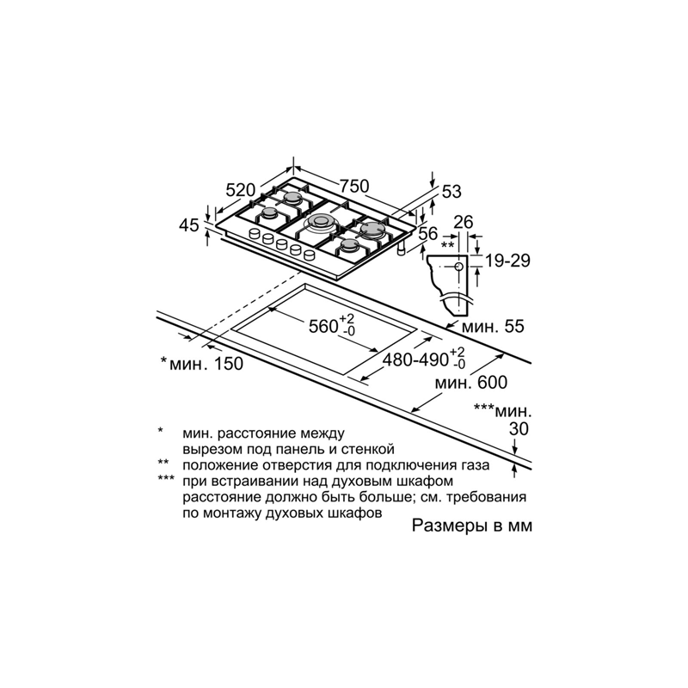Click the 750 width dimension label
tap(354, 186)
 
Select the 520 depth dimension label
tap(241, 190)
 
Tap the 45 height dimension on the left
tap(189, 225)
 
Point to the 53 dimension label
tap(451, 192)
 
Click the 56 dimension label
tap(427, 233)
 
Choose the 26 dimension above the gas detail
tap(464, 223)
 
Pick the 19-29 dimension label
tap(507, 261)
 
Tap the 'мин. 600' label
tap(470, 383)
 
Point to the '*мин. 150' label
tap(201, 363)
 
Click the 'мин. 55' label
tap(493, 326)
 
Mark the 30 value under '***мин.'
tap(519, 428)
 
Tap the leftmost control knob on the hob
tap(255, 234)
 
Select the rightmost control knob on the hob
tap(310, 255)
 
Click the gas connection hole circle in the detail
tap(459, 267)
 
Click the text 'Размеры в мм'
tap(471, 525)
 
